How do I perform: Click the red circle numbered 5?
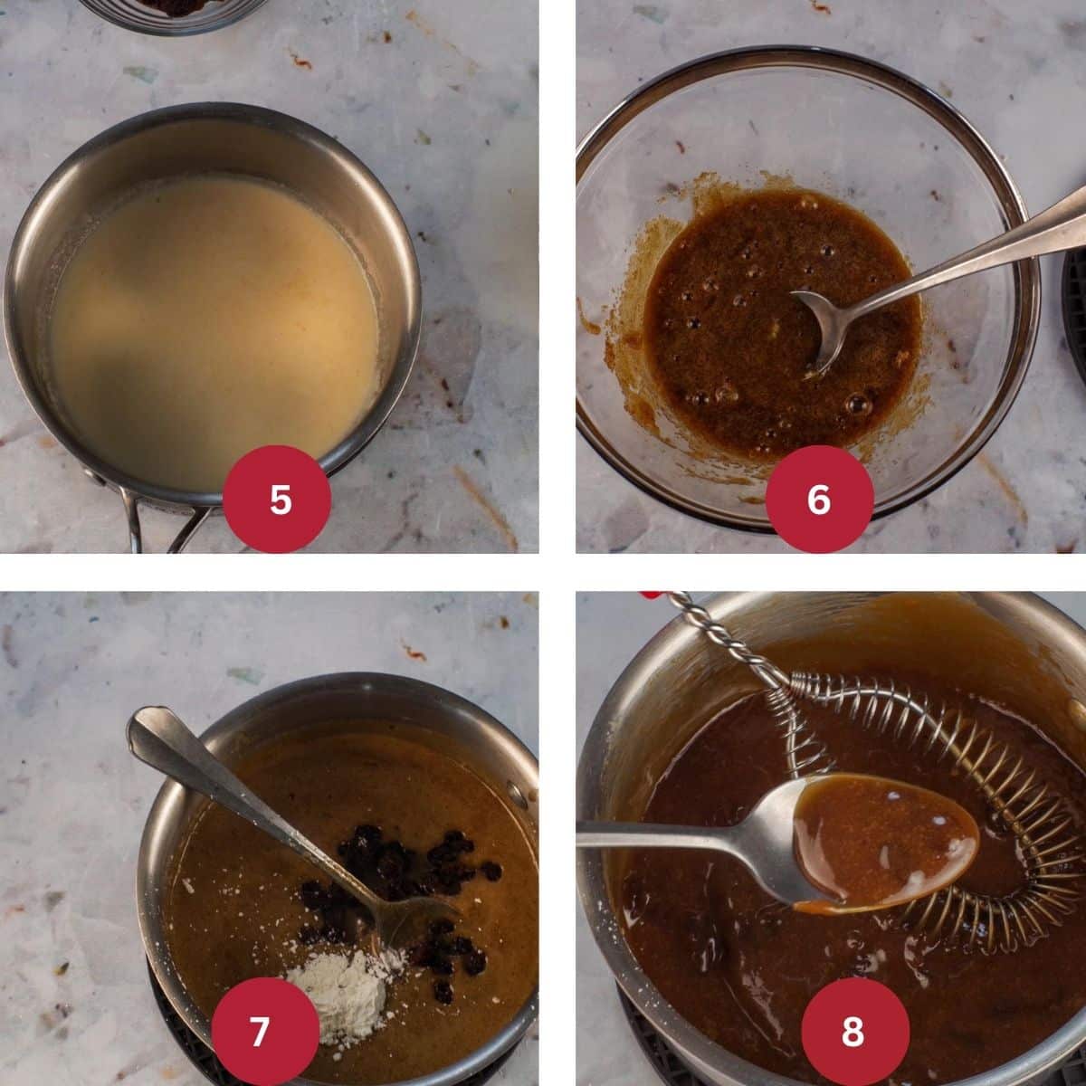(281, 499)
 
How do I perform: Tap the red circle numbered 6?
(819, 499)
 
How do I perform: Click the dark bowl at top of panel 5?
(172, 11)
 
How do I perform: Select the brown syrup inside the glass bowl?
(742, 362)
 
